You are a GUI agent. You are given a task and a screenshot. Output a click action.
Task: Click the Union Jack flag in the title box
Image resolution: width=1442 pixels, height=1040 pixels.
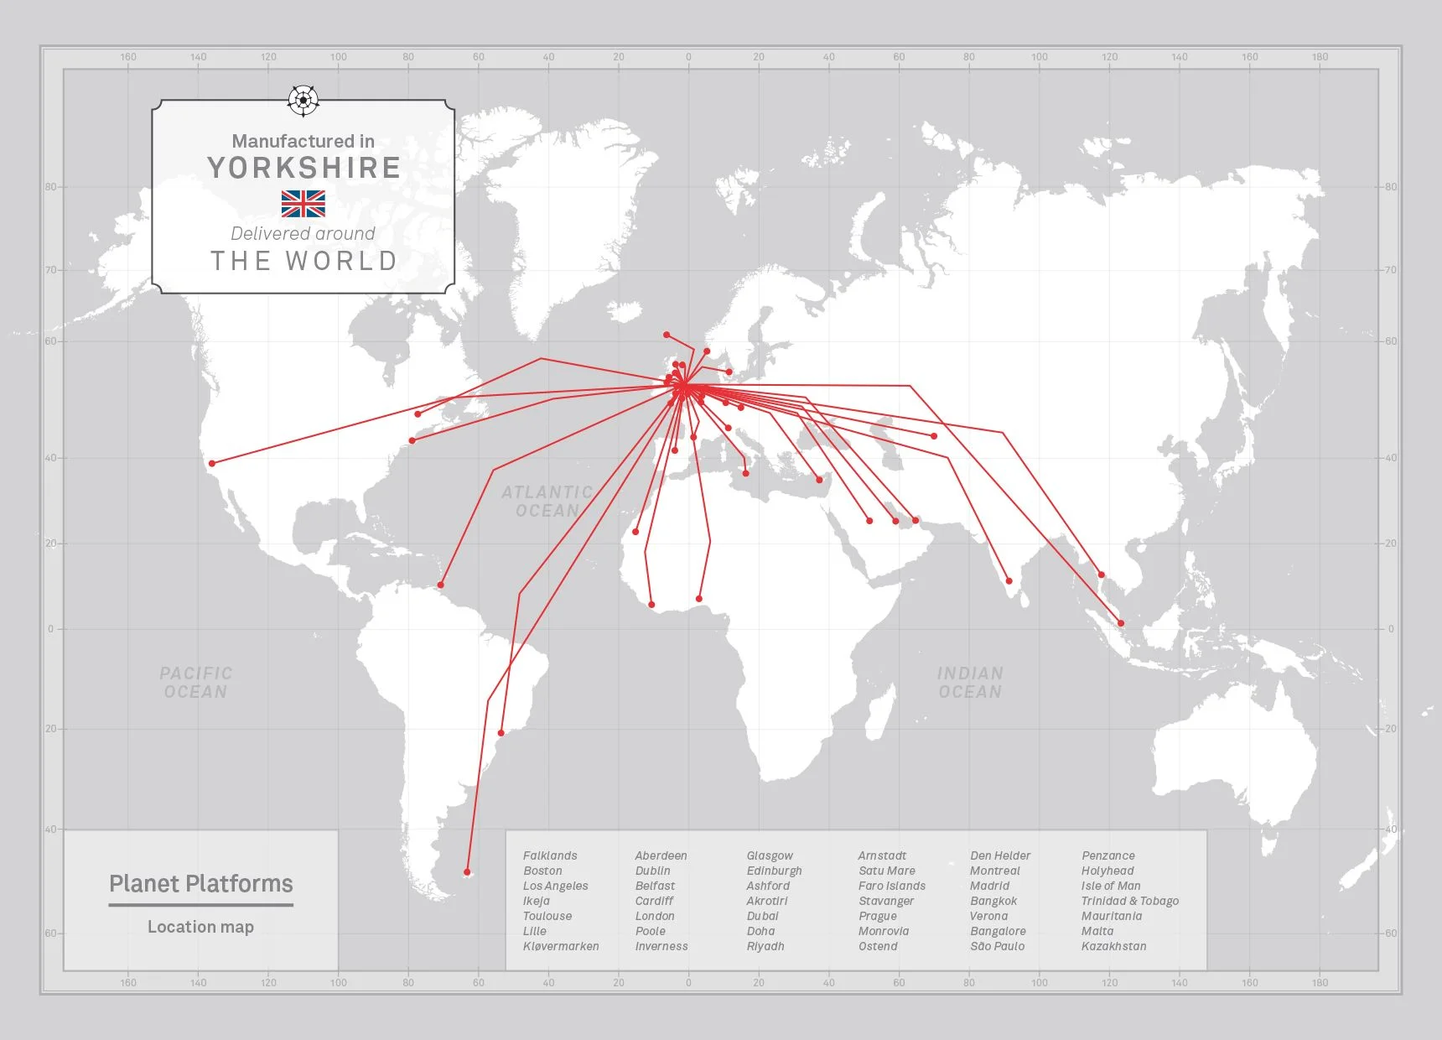point(303,203)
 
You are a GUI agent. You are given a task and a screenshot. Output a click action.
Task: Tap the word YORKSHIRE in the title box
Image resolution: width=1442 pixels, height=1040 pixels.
point(303,168)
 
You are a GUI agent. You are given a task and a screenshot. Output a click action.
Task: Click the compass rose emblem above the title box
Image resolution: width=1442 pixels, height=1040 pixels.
point(303,100)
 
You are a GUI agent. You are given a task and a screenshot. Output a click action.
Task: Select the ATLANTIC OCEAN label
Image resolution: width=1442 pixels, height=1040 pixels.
point(547,502)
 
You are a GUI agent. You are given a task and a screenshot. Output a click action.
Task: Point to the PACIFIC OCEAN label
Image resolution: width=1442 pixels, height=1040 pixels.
point(195,683)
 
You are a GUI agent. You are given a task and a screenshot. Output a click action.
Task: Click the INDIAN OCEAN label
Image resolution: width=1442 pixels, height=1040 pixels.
point(970,683)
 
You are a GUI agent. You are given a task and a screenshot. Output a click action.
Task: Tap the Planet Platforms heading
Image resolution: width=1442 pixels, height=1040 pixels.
point(201,884)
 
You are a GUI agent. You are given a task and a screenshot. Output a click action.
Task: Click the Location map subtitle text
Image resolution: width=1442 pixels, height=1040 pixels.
point(201,927)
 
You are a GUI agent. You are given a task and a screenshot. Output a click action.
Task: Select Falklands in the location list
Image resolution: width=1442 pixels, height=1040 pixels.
point(550,855)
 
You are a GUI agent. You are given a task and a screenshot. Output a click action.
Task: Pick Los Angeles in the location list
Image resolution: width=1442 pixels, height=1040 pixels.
point(555,886)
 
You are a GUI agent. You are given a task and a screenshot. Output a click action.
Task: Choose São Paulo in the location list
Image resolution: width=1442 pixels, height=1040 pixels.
point(997,946)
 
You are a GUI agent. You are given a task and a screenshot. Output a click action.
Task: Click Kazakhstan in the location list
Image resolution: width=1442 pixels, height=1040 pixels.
point(1113,946)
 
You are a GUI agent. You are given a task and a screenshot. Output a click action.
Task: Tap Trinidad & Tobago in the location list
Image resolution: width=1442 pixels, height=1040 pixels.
point(1129,901)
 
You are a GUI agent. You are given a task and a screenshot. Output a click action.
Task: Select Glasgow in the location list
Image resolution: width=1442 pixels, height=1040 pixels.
point(770,855)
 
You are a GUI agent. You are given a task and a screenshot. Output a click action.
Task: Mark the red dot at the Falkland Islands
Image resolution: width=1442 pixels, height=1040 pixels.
point(467,872)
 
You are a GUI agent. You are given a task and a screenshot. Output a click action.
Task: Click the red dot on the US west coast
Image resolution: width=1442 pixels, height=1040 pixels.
point(212,463)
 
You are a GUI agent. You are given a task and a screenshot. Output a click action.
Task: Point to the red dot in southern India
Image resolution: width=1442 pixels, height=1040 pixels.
point(1009,580)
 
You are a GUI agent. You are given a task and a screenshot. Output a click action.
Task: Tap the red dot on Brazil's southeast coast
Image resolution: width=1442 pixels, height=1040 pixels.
point(501,733)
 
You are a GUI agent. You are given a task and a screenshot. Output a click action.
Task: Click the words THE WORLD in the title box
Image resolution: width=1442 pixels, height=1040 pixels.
point(303,261)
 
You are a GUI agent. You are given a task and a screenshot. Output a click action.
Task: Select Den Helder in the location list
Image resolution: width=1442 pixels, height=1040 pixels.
point(1000,855)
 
